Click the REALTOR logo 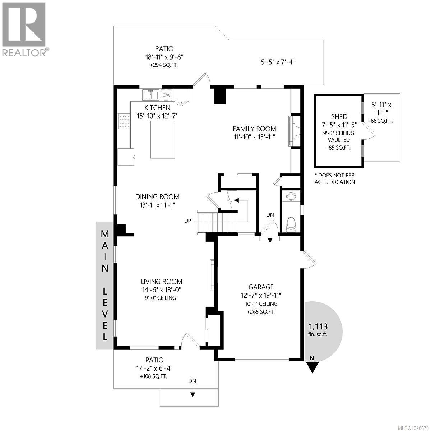pos(24,29)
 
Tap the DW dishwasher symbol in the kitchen pos(166,95)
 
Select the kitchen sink pos(151,95)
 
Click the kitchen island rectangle pos(163,139)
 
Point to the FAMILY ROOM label pos(254,129)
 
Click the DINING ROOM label pos(157,197)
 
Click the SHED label pos(339,116)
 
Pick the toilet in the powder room pos(291,224)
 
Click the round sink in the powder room pos(290,196)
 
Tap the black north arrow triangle pos(312,367)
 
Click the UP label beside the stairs pos(188,221)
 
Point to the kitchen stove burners pos(124,121)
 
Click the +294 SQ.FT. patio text pos(164,65)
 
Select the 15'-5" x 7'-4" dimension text pos(277,62)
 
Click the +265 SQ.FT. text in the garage pos(261,312)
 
